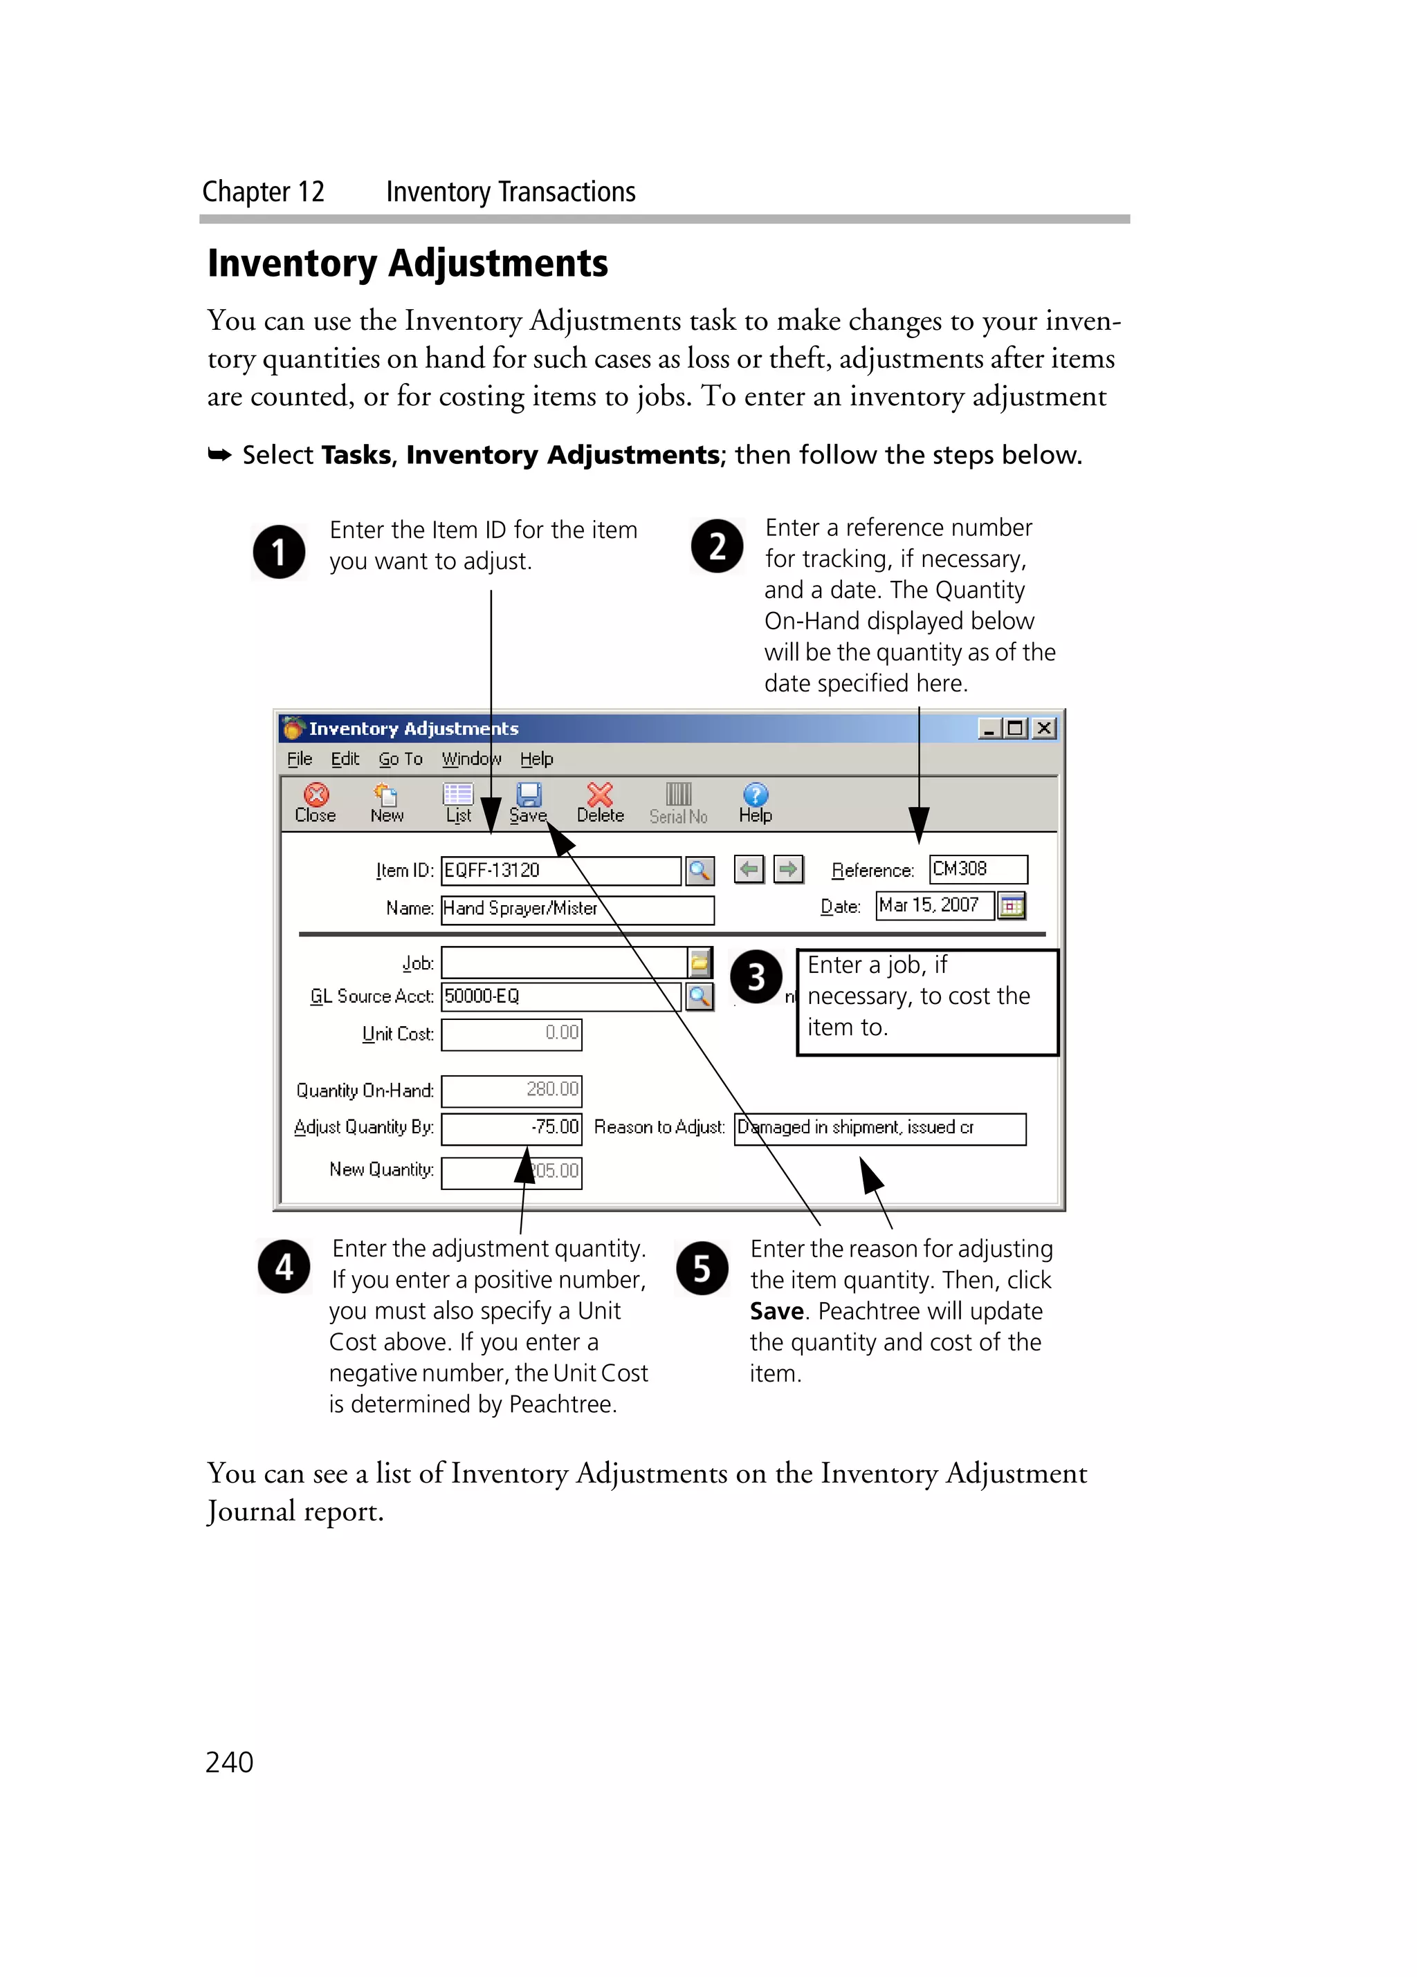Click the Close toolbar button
[x=315, y=802]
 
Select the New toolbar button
[x=386, y=802]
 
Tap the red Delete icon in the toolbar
[x=600, y=795]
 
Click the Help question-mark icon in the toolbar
[x=755, y=795]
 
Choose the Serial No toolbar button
[x=679, y=802]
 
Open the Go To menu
[x=400, y=759]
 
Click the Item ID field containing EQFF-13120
[x=560, y=870]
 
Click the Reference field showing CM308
[x=978, y=869]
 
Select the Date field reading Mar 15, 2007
[x=934, y=906]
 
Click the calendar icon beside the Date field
[x=1012, y=907]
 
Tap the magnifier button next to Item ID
[x=700, y=870]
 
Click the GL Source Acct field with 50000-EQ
[x=560, y=996]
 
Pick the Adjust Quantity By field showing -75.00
[x=512, y=1128]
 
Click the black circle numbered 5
[x=702, y=1268]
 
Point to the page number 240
[x=229, y=1762]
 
